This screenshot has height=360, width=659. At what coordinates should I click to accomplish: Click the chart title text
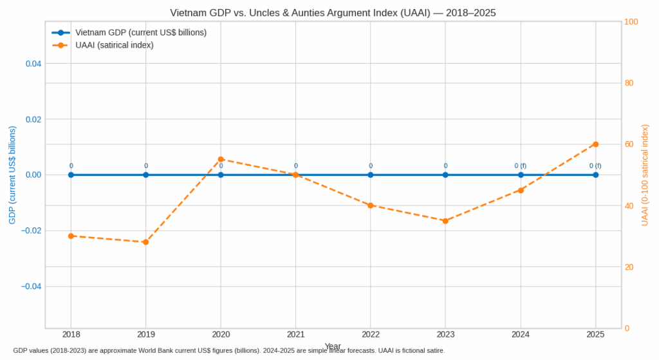(x=333, y=13)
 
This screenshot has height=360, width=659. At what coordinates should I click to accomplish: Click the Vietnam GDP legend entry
(x=140, y=32)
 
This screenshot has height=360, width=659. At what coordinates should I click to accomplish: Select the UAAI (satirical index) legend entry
(x=114, y=45)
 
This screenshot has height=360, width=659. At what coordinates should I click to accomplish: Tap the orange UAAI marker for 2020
(x=221, y=159)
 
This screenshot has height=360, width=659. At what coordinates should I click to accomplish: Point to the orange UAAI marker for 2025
(x=595, y=144)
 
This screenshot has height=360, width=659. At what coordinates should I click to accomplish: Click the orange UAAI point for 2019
(x=146, y=242)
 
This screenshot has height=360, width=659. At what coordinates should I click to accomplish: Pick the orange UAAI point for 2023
(x=445, y=221)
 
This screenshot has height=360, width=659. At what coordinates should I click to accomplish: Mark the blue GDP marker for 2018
(x=71, y=175)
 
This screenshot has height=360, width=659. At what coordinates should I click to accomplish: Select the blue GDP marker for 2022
(x=371, y=175)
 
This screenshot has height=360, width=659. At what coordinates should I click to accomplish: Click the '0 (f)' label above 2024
(x=520, y=166)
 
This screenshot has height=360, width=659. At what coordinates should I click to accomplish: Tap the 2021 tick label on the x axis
(x=295, y=334)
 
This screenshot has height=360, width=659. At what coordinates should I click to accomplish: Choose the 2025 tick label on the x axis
(x=595, y=334)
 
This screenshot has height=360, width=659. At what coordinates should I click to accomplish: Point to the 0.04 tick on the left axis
(x=33, y=64)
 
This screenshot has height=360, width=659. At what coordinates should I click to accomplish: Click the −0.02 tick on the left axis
(x=32, y=231)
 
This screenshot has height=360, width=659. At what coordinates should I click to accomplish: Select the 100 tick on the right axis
(x=631, y=22)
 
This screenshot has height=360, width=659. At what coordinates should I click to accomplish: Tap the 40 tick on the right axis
(x=629, y=206)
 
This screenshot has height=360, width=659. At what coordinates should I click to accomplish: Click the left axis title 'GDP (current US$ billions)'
(x=12, y=175)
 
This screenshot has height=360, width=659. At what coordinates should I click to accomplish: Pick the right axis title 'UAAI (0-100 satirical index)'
(x=645, y=175)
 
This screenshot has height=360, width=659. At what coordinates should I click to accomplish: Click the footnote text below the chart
(x=228, y=350)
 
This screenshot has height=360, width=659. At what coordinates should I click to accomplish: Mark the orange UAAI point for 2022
(x=371, y=205)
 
